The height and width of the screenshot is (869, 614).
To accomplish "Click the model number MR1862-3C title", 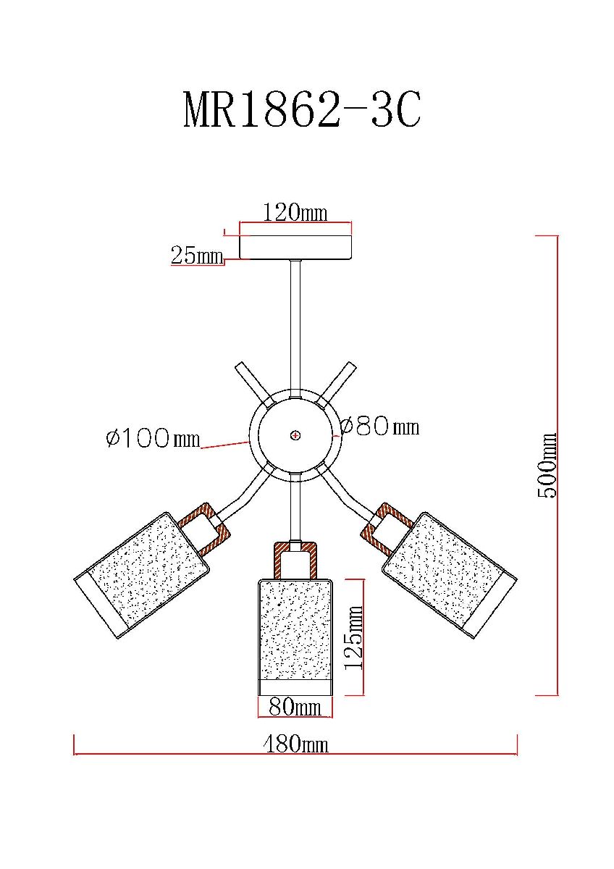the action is point(302,109).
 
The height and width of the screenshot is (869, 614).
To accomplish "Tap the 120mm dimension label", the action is point(295,212).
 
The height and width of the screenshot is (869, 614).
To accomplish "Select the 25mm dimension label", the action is point(197,255).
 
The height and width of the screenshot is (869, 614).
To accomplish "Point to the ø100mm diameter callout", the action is point(153,438).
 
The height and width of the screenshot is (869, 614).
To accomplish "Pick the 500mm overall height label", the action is point(547,465).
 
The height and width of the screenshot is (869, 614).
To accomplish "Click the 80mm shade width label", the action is point(295,708).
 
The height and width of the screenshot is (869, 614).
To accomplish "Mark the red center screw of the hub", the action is point(295,435).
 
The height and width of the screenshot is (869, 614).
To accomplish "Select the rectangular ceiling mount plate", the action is point(295,247).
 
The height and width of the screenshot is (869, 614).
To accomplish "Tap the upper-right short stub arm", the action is point(336,384).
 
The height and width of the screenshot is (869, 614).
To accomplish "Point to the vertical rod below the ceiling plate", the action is point(295,324).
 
